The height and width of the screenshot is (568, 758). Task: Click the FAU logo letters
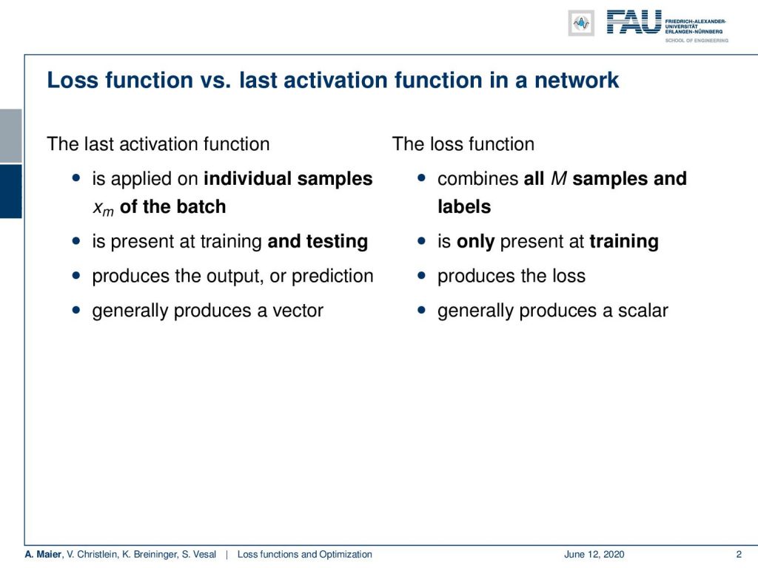pos(634,22)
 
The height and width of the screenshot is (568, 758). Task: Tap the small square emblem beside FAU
pos(581,23)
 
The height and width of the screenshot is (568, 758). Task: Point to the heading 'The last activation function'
pos(158,144)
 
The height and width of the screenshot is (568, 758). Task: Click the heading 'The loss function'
pos(463,144)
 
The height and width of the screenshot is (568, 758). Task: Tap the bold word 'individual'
pos(247,179)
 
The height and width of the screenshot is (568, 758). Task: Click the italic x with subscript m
pos(103,208)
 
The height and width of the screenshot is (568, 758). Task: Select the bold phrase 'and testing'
pos(318,242)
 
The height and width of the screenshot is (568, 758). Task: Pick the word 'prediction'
pos(332,276)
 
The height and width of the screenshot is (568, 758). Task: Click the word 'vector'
pos(298,311)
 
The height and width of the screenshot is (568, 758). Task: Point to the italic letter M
pos(558,179)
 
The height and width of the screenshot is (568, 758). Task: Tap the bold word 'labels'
pos(464,207)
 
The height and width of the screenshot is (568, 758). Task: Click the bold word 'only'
pos(476,242)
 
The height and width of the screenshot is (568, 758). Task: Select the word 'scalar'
pos(643,311)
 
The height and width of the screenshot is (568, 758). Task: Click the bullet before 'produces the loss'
pos(421,275)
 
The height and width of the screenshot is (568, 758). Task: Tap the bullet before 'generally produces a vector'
pos(76,310)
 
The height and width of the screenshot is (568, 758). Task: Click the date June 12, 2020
pos(594,555)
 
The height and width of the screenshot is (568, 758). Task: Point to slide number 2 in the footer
pos(739,555)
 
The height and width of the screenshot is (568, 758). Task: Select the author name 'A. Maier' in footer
pos(44,555)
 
